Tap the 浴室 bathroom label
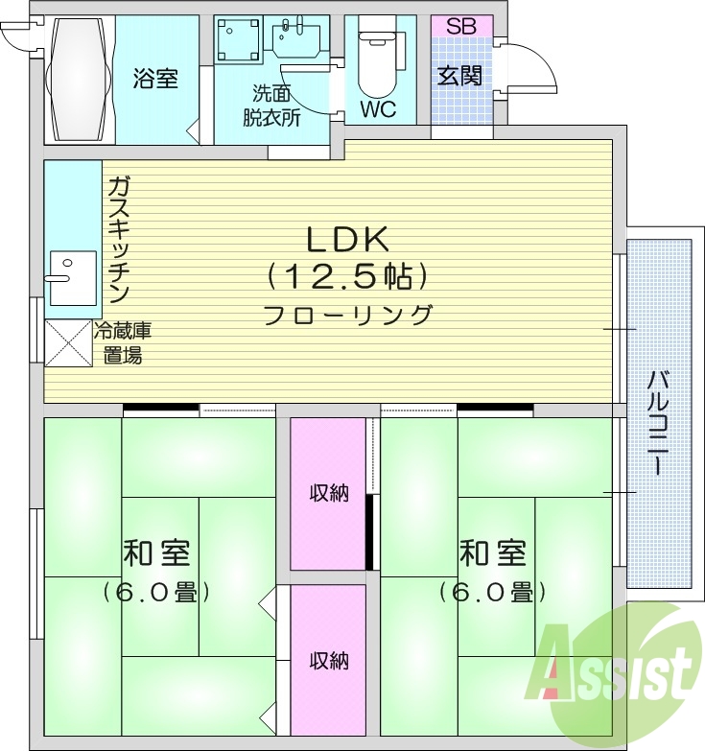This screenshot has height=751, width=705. click(155, 79)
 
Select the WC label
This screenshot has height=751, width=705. click(378, 108)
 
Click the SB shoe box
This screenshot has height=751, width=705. click(460, 26)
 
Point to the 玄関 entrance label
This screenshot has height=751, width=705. click(460, 76)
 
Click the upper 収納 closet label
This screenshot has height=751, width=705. click(328, 493)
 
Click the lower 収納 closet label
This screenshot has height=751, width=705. click(328, 660)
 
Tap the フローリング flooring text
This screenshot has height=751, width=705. click(347, 314)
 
